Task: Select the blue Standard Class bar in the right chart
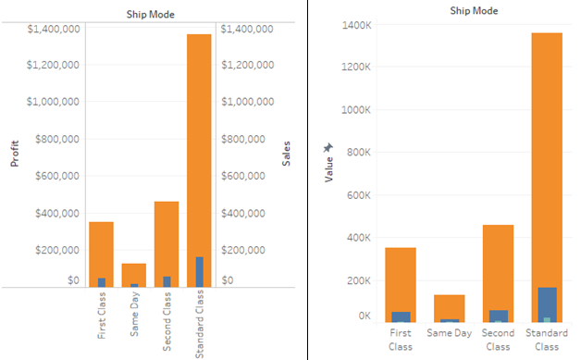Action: click(x=547, y=301)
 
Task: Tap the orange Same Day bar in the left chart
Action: click(x=134, y=273)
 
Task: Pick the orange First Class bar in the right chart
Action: click(x=401, y=278)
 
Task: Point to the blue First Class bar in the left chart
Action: click(x=102, y=282)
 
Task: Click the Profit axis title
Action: click(x=15, y=153)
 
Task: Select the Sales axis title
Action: click(x=287, y=153)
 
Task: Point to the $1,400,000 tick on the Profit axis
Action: click(x=54, y=29)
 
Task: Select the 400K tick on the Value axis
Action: click(x=359, y=238)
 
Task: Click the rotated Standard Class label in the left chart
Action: click(x=199, y=324)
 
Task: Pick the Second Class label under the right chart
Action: click(x=498, y=340)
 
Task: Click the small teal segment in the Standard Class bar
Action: click(x=547, y=319)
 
